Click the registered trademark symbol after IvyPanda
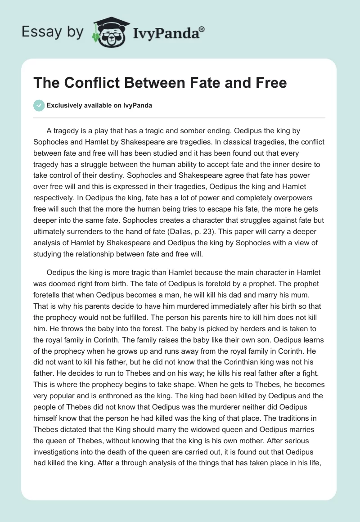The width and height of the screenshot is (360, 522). click(x=202, y=29)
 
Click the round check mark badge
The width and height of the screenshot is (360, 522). click(x=39, y=105)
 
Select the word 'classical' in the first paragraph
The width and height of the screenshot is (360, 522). click(x=234, y=141)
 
